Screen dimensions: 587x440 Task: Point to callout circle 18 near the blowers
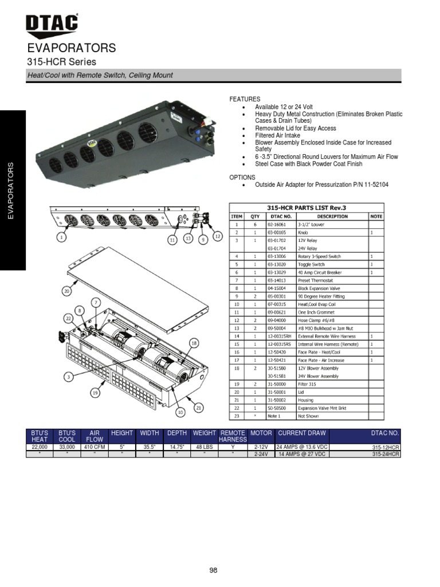[194, 343]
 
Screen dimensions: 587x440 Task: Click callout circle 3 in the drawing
[69, 377]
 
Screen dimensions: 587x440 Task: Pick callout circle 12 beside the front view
[217, 236]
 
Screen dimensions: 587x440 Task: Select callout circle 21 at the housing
[199, 408]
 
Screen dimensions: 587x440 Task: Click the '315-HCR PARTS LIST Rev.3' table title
[307, 208]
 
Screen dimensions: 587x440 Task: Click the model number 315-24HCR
[386, 454]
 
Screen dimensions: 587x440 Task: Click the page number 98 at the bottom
[214, 570]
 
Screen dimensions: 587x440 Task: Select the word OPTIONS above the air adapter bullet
[242, 178]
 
